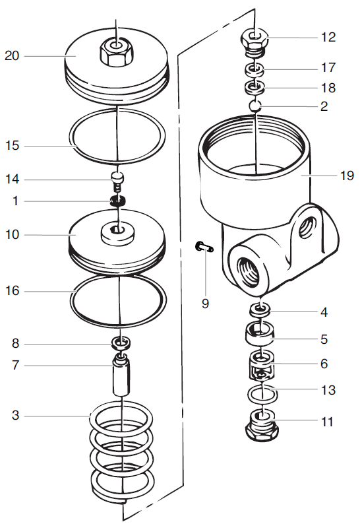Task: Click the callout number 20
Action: click(12, 55)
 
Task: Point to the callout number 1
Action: click(15, 201)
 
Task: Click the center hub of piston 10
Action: click(117, 230)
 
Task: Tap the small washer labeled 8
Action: click(119, 343)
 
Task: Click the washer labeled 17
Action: click(255, 69)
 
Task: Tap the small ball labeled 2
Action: click(256, 106)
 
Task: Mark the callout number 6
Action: click(328, 364)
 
